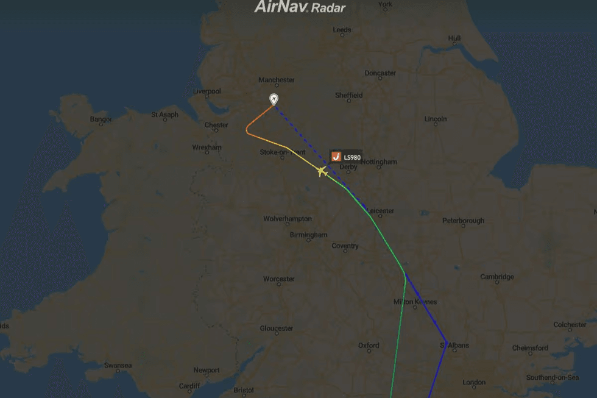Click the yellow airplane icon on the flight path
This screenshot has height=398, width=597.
click(x=321, y=172)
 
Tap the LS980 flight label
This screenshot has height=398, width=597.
click(x=351, y=157)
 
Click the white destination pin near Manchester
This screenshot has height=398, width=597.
click(x=274, y=99)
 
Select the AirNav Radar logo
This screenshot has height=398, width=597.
click(x=300, y=7)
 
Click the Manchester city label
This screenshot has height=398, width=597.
click(x=276, y=80)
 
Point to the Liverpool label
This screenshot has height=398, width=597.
click(x=207, y=91)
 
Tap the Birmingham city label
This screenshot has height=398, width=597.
click(x=308, y=235)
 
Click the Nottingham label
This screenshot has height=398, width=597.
click(x=378, y=162)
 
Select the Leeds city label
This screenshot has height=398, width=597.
click(x=342, y=30)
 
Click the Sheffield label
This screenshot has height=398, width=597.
click(x=348, y=95)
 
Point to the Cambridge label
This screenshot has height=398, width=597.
click(x=496, y=277)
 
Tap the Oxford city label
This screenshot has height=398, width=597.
click(x=369, y=346)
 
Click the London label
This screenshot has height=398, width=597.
click(x=474, y=383)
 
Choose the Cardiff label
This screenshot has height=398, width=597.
click(x=189, y=386)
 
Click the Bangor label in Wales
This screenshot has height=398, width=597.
click(x=101, y=119)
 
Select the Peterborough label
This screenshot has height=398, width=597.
click(x=463, y=221)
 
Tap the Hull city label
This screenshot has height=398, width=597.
click(x=454, y=38)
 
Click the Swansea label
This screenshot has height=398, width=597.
click(x=118, y=366)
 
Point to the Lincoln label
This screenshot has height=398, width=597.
click(x=436, y=119)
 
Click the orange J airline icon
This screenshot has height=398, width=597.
click(x=336, y=157)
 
